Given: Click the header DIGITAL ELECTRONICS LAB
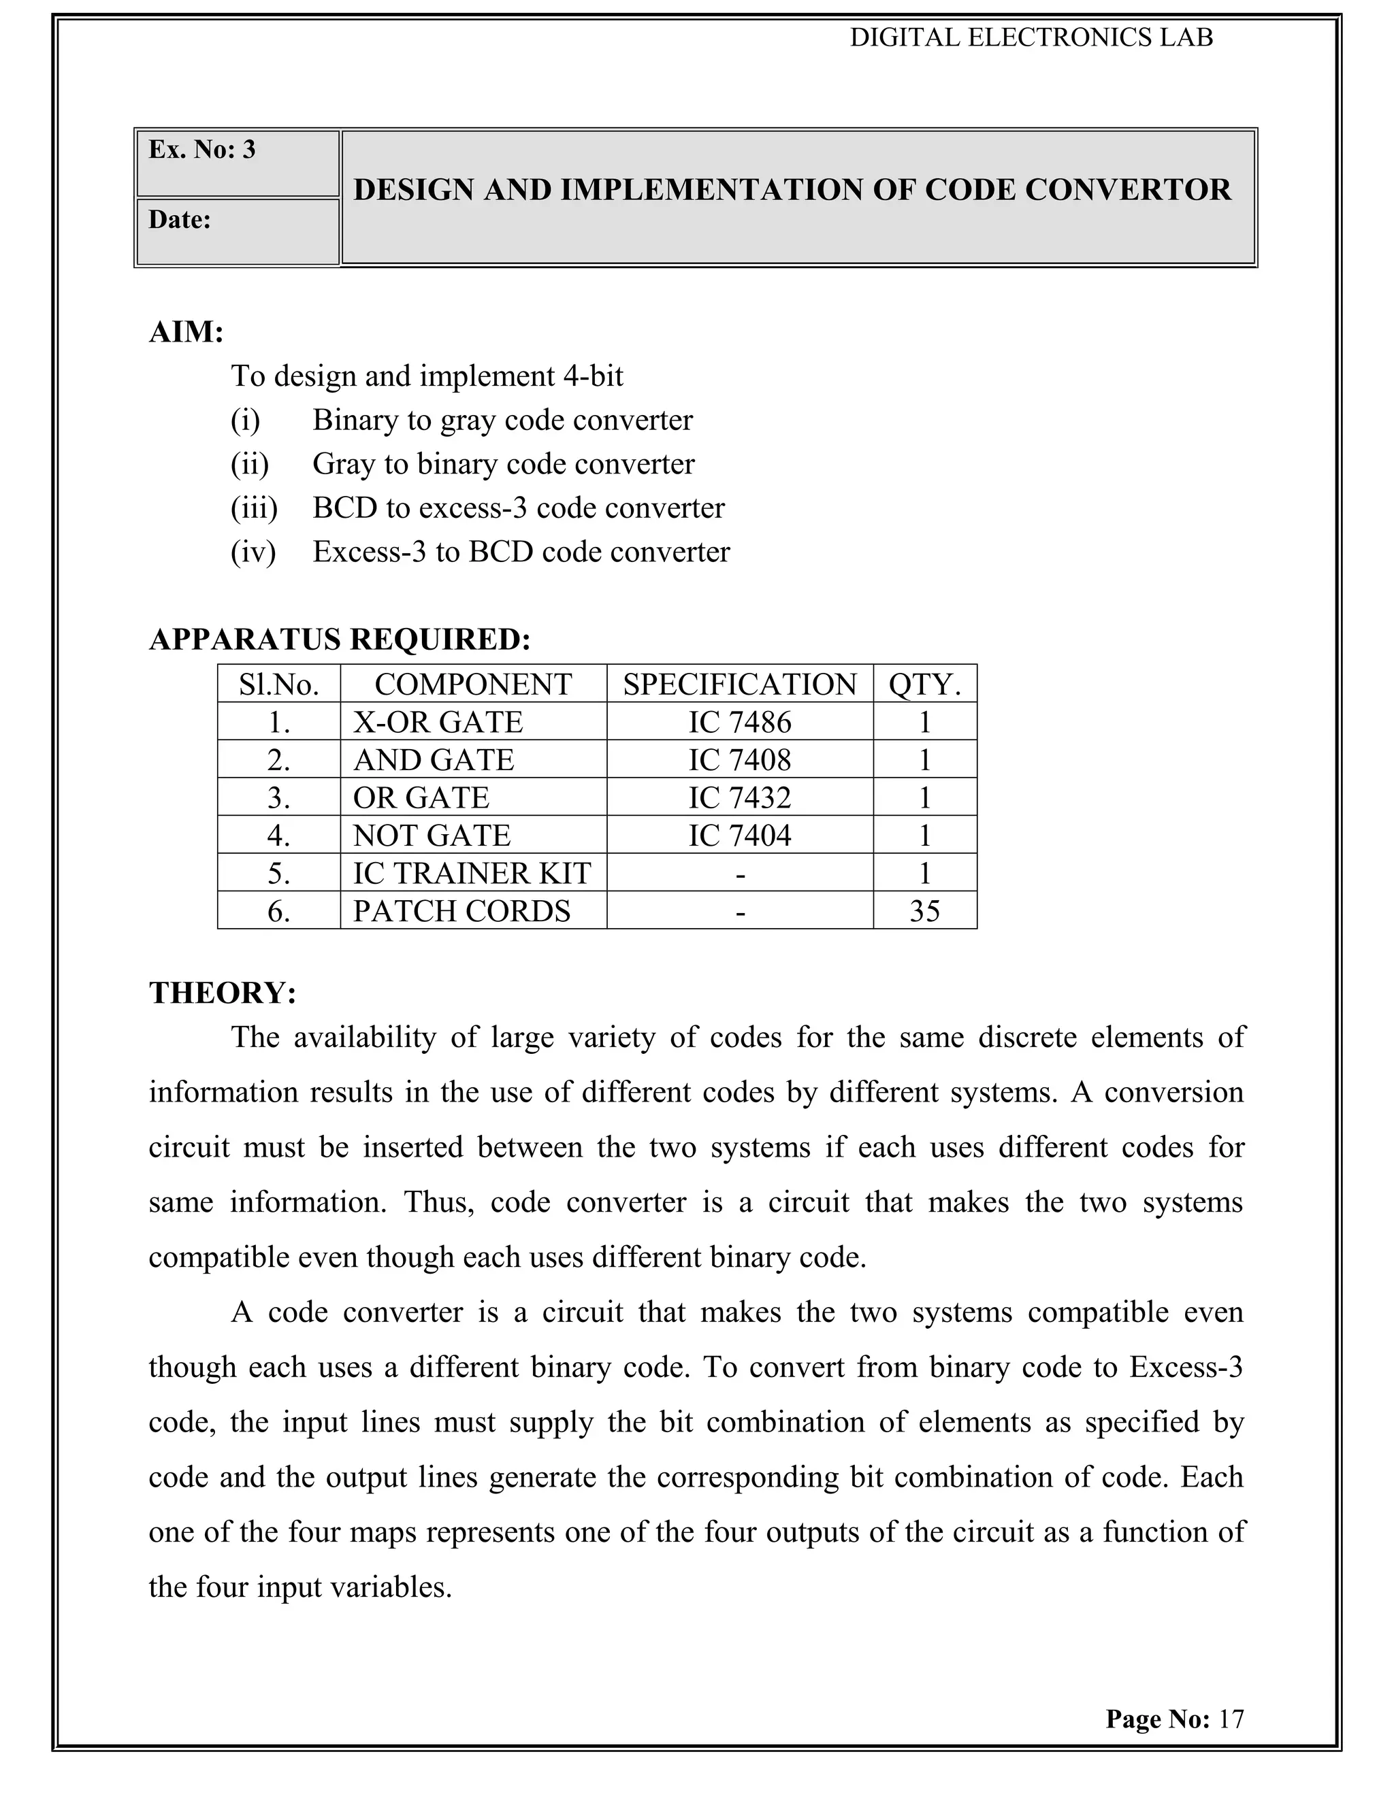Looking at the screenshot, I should point(1031,38).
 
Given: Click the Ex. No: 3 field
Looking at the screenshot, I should point(202,150).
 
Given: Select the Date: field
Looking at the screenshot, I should point(180,220).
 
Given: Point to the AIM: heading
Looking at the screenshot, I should point(187,332).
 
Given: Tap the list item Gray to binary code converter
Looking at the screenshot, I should point(503,464).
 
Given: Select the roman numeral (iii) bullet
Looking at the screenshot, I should point(253,508).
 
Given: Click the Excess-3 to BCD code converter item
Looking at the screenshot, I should point(521,552).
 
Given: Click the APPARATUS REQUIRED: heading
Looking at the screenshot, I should point(340,640).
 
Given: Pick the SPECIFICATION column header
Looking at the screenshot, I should point(739,684).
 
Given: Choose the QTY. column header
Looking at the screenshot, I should point(924,684).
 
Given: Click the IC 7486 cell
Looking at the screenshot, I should point(739,723).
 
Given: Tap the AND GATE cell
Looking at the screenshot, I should point(434,759).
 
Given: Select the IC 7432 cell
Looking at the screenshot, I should point(739,797).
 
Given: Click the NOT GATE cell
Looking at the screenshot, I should point(432,836).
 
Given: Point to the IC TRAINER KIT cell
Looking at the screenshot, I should point(472,874).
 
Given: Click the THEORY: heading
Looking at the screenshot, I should point(222,992).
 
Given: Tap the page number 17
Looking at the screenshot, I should point(1231,1719).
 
